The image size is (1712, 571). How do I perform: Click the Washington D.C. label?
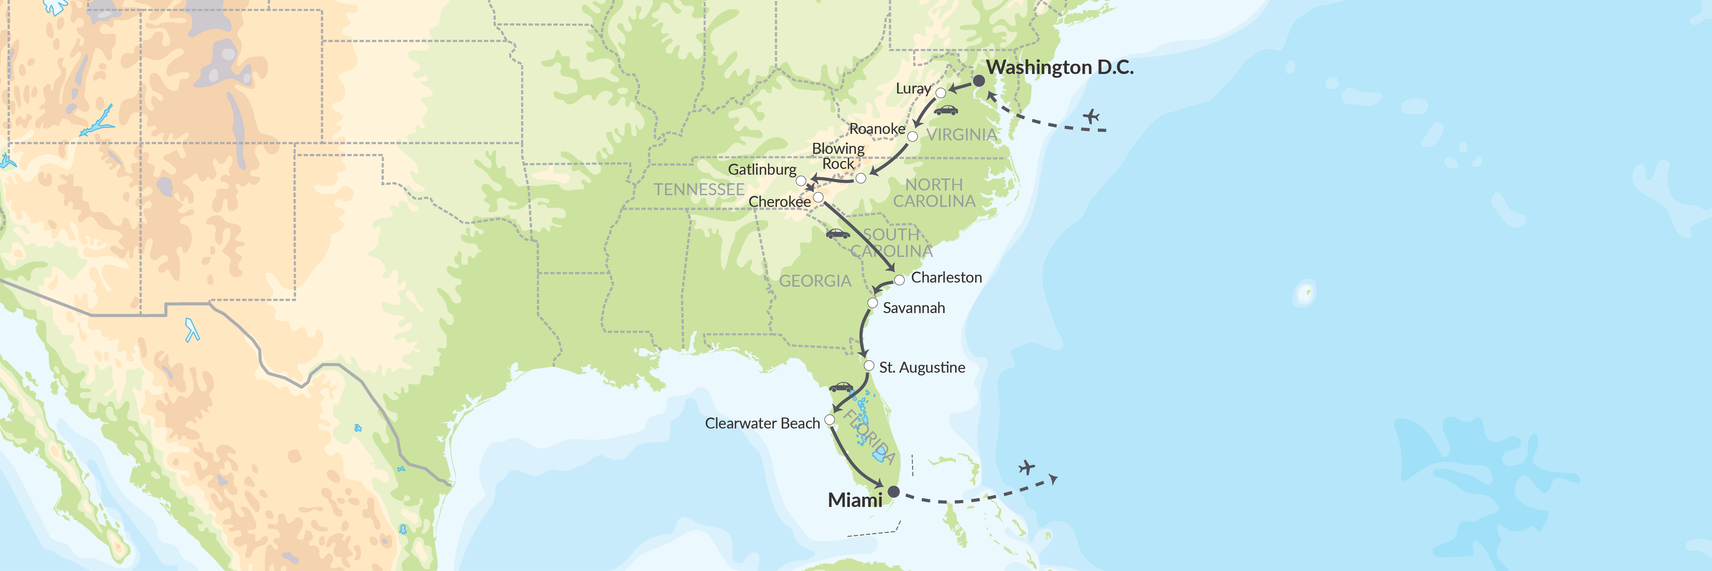coord(1059,67)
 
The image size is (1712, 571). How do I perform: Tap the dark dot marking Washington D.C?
coord(979,80)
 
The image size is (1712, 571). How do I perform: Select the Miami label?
coord(855,500)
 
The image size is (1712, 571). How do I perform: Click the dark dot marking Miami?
coord(894,491)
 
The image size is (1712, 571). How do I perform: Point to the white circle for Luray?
coord(941,92)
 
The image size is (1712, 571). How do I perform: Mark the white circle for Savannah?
coord(873,303)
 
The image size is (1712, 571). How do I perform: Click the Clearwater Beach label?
coord(762,423)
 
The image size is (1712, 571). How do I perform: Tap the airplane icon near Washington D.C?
coord(1091,116)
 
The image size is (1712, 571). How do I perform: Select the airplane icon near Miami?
coord(1027,468)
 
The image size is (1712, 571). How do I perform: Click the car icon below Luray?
coord(946,110)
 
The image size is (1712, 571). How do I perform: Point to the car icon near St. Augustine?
coord(841,387)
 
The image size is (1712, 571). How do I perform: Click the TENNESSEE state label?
coord(699,189)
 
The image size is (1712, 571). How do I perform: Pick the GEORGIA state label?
coord(815,281)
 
